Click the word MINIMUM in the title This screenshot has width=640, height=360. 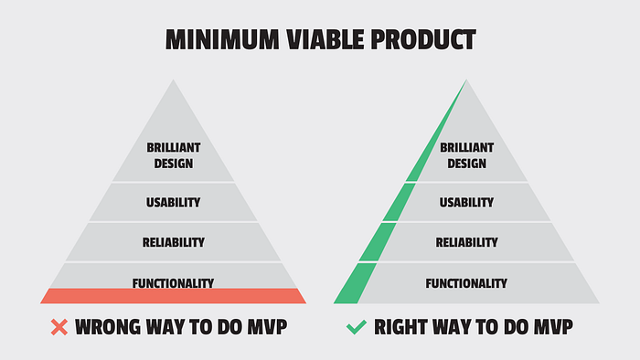pyautogui.click(x=222, y=39)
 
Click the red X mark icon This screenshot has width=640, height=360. pyautogui.click(x=59, y=327)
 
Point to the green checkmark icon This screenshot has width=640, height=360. pyautogui.click(x=357, y=327)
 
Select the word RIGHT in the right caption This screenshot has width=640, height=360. pyautogui.click(x=400, y=327)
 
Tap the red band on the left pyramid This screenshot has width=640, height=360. pyautogui.click(x=173, y=296)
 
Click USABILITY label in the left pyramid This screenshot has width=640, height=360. pyautogui.click(x=174, y=203)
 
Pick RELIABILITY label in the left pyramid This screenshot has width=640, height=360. pyautogui.click(x=174, y=242)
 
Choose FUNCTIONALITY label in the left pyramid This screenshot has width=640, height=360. pyautogui.click(x=173, y=283)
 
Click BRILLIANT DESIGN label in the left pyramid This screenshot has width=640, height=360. pyautogui.click(x=174, y=155)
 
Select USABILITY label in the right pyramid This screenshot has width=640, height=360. pyautogui.click(x=466, y=203)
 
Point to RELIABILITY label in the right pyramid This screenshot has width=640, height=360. pyautogui.click(x=466, y=242)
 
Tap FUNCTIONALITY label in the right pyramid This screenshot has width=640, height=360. pyautogui.click(x=466, y=283)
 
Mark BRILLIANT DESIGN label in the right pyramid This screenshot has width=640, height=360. pyautogui.click(x=466, y=155)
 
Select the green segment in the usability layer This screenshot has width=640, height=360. pyautogui.click(x=399, y=203)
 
